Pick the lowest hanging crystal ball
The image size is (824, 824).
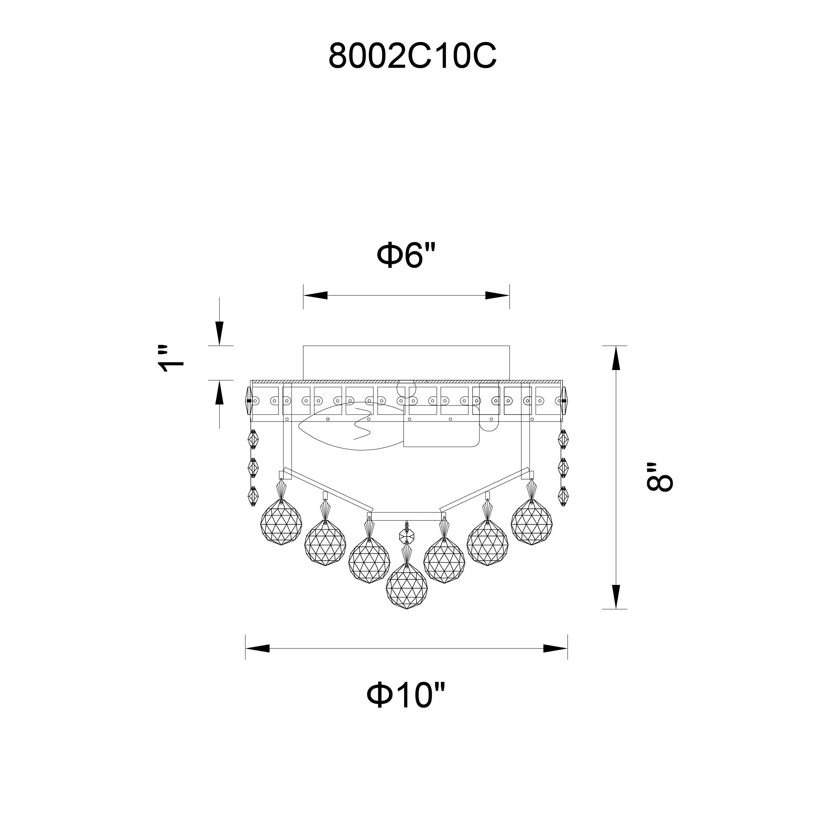click(x=407, y=587)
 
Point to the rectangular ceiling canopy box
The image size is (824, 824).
click(x=406, y=363)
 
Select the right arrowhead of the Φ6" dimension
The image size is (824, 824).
click(x=497, y=295)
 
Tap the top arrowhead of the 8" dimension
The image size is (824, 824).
click(x=616, y=358)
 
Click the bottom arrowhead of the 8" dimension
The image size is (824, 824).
click(x=616, y=596)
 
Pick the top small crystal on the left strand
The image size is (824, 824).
click(x=253, y=439)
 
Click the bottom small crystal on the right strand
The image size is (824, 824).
click(x=563, y=496)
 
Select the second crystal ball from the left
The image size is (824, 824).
click(x=325, y=545)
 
